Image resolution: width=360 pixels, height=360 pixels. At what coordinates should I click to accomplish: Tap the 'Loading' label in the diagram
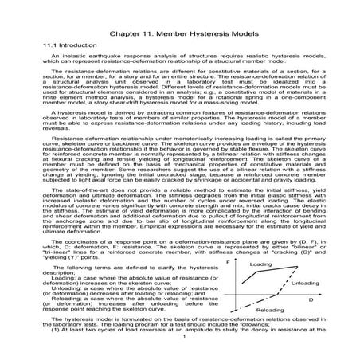(260, 264)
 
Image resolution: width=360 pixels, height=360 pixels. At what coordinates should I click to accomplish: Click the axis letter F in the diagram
(229, 260)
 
